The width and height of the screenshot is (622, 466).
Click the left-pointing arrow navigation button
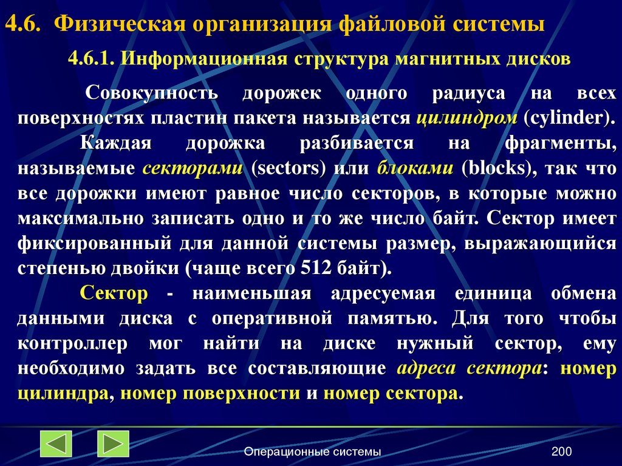click(x=56, y=444)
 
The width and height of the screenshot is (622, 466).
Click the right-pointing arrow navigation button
click(x=113, y=444)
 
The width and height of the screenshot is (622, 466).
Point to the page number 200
click(x=562, y=451)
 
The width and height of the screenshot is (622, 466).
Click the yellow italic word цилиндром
click(x=465, y=118)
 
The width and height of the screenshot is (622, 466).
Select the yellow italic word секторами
click(x=193, y=168)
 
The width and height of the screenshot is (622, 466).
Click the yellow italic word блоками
click(x=415, y=168)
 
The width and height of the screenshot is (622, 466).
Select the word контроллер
click(x=73, y=344)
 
